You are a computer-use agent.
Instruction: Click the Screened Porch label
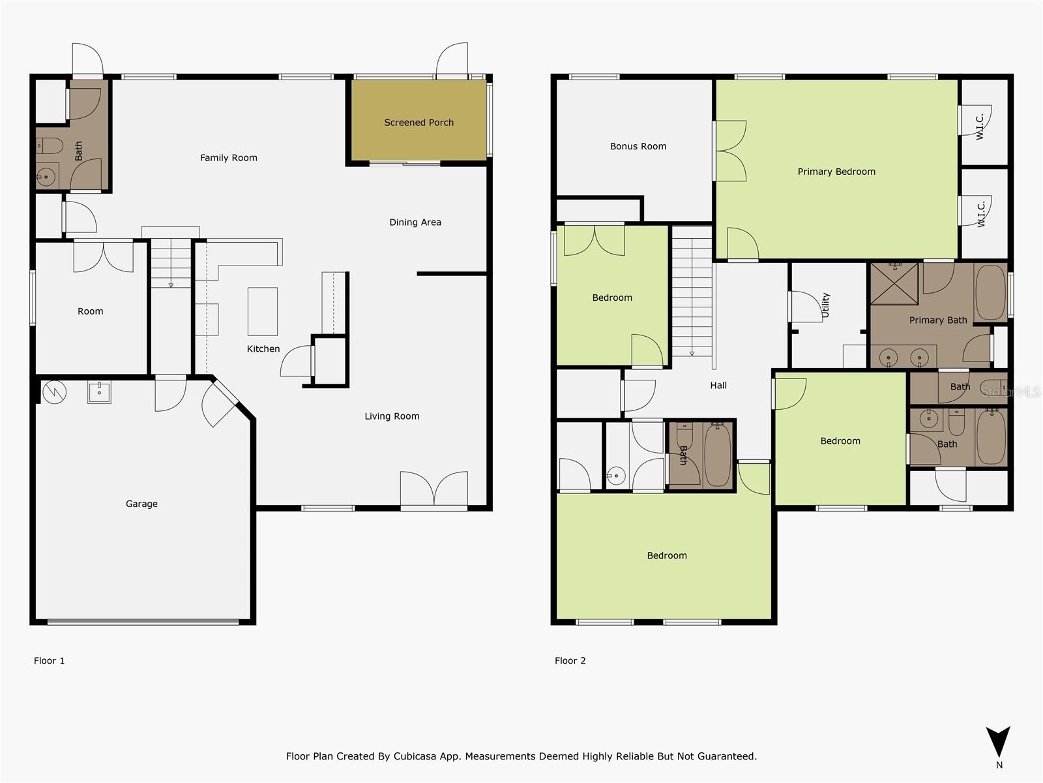point(419,123)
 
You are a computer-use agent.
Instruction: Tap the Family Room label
point(228,158)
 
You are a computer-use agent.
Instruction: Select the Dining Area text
point(415,223)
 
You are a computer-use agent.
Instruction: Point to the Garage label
point(141,504)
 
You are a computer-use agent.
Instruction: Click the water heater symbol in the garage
point(54,391)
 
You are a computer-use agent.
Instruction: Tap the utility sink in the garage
point(100,392)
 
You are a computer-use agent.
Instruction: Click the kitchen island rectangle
point(263,311)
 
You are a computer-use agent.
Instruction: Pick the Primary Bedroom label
point(836,172)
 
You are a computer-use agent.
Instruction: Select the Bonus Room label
point(638,147)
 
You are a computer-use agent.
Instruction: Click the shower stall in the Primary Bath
point(894,283)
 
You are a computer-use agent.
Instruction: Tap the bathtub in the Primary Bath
point(991,292)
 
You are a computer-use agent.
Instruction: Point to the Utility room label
point(826,305)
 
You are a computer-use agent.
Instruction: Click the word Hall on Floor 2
point(718,386)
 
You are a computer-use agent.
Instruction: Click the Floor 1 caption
point(49,661)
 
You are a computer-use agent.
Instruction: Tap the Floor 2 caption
point(570,661)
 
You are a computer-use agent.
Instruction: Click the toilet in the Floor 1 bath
point(50,145)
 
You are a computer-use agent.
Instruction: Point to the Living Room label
point(392,416)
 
